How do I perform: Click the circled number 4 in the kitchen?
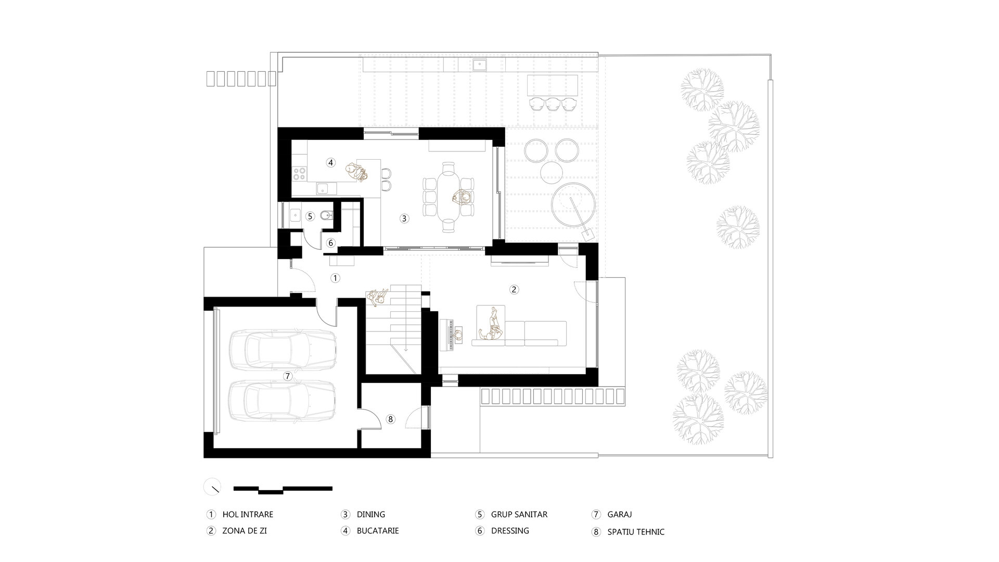click(330, 162)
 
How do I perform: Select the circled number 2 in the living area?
click(514, 289)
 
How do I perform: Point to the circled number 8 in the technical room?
click(391, 419)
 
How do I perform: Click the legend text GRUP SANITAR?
click(519, 515)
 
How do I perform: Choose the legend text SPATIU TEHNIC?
click(636, 532)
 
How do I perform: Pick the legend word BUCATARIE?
click(378, 531)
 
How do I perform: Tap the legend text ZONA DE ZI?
click(245, 531)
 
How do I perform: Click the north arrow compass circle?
click(212, 487)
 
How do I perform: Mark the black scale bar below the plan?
click(283, 489)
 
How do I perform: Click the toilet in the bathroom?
click(324, 215)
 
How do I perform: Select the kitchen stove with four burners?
click(300, 172)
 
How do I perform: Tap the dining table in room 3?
click(449, 197)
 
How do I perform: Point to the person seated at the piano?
click(459, 335)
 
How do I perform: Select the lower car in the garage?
click(281, 401)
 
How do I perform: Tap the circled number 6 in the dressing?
click(331, 243)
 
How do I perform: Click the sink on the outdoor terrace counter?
click(479, 65)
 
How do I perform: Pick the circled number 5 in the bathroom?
click(310, 216)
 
